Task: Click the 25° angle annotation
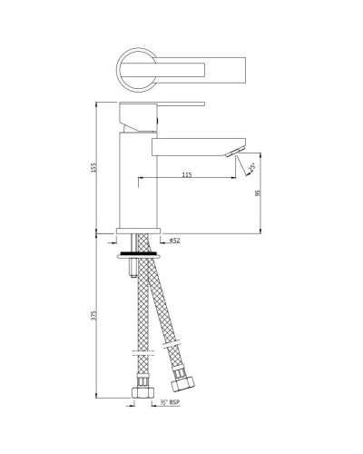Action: click(x=250, y=166)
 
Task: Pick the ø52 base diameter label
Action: click(x=174, y=240)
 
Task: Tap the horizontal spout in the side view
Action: click(x=195, y=144)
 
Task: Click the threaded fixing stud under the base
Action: click(x=133, y=265)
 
